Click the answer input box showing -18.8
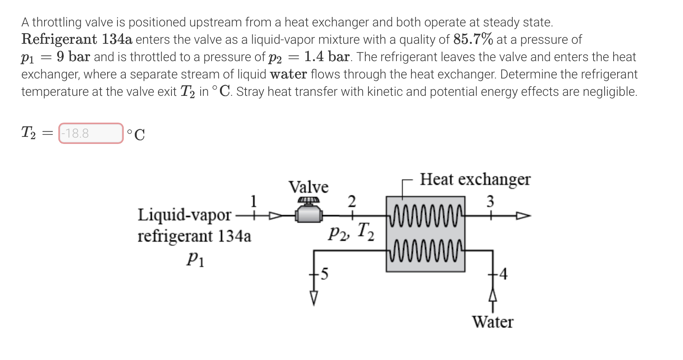91,133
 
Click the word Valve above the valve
308,187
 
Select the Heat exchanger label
475,179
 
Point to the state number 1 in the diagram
253,201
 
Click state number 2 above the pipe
352,201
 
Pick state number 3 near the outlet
490,201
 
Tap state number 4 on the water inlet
503,273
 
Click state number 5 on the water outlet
324,273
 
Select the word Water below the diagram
493,322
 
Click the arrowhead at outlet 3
524,216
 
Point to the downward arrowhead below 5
314,298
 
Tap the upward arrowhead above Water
493,295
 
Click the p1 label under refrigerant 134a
195,259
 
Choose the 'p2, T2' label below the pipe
351,232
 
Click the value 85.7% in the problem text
473,39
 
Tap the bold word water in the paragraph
288,74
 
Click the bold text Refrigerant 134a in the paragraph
77,39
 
